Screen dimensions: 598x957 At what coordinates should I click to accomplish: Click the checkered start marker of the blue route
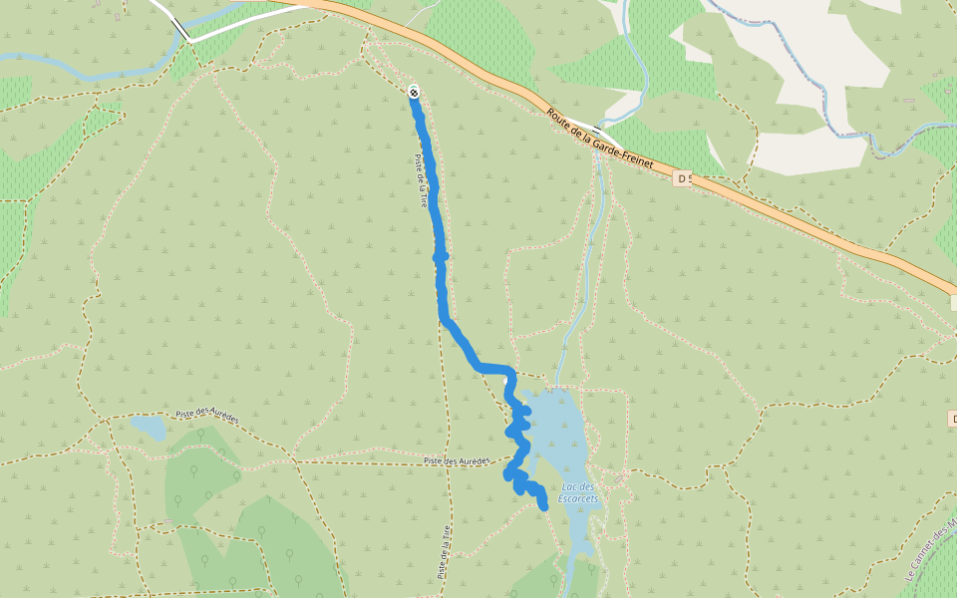click(x=414, y=93)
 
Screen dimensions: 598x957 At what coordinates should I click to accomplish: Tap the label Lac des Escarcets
click(x=577, y=491)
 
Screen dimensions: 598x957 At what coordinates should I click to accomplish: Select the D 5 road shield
click(x=682, y=178)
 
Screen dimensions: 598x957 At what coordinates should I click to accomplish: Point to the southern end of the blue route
click(x=544, y=508)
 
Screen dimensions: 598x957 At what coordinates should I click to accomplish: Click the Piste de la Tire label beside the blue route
click(x=423, y=180)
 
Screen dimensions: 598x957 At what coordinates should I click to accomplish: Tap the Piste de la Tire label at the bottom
click(x=445, y=553)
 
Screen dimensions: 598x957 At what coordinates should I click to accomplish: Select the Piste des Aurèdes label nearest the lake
click(x=456, y=460)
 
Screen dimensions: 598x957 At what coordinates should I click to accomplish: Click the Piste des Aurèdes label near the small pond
click(x=206, y=416)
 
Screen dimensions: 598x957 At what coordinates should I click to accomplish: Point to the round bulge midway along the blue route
click(x=440, y=257)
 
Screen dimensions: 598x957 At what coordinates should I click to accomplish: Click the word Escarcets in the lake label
click(x=577, y=497)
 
